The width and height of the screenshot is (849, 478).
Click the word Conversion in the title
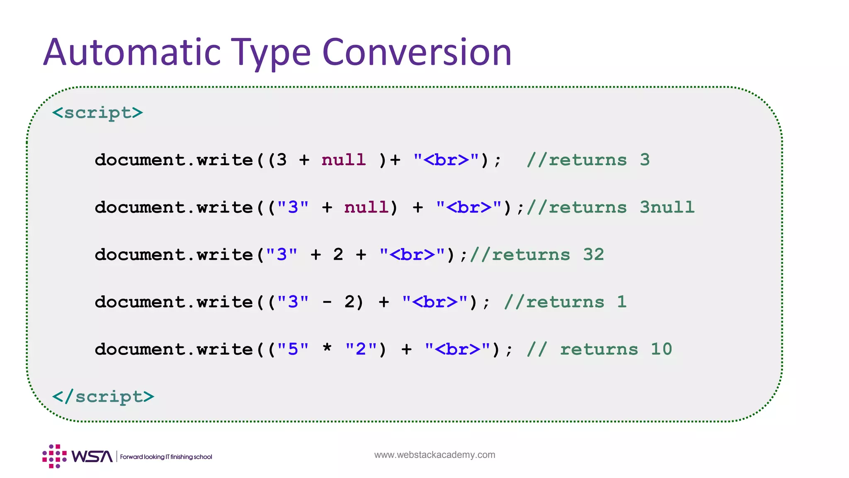[x=417, y=52]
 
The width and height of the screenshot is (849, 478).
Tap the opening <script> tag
[x=98, y=113]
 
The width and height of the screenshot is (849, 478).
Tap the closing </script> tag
[x=103, y=397]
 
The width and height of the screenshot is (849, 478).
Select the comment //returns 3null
[x=610, y=207]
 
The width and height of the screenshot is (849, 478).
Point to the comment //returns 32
[x=537, y=254]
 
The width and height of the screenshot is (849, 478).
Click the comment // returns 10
[x=599, y=349]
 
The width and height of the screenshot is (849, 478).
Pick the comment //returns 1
[x=565, y=302]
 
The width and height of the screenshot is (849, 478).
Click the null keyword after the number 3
[x=344, y=160]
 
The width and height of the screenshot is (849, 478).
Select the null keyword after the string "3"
[x=366, y=207]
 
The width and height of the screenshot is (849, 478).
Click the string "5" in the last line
[x=293, y=349]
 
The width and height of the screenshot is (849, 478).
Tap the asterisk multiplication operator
[x=327, y=348]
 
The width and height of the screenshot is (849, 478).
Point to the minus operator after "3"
[x=327, y=302]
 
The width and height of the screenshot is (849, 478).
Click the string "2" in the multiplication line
[x=361, y=349]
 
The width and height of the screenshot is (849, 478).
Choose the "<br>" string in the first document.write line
[x=446, y=160]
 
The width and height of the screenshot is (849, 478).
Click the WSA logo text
[x=92, y=456]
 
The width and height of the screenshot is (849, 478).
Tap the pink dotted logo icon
[x=54, y=456]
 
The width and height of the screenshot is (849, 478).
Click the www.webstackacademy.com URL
[x=434, y=455]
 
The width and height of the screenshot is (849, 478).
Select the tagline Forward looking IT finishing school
[x=166, y=457]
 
